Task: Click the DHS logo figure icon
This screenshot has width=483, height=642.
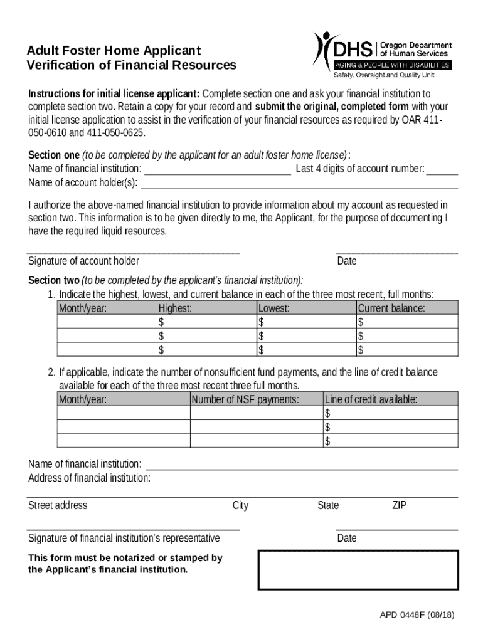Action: (324, 48)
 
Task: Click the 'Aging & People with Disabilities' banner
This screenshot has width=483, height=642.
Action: (392, 65)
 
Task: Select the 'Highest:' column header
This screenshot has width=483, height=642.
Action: (175, 308)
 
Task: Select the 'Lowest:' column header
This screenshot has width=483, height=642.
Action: (274, 308)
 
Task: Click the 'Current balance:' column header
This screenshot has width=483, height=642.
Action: (391, 308)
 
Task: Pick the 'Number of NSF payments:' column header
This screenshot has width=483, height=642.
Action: (245, 399)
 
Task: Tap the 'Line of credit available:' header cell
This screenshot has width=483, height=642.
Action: (371, 399)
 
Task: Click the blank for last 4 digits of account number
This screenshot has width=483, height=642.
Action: (442, 169)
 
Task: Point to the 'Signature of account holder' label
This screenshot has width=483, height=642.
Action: (83, 261)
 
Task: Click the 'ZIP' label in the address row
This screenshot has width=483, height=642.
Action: (400, 505)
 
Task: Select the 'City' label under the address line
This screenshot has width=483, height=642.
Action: (240, 505)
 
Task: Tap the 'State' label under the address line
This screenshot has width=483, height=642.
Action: (328, 505)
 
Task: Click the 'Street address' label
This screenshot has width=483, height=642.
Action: (58, 505)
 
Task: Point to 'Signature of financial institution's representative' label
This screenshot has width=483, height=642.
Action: (124, 538)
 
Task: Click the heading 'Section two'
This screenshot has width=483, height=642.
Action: (54, 280)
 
